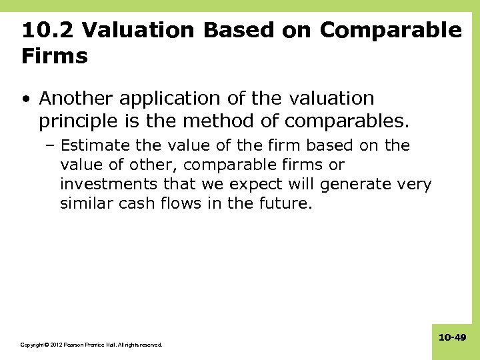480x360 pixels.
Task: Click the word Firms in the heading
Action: pyautogui.click(x=55, y=57)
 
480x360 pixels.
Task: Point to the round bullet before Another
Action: pyautogui.click(x=25, y=99)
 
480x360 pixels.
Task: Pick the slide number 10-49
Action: pyautogui.click(x=452, y=339)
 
